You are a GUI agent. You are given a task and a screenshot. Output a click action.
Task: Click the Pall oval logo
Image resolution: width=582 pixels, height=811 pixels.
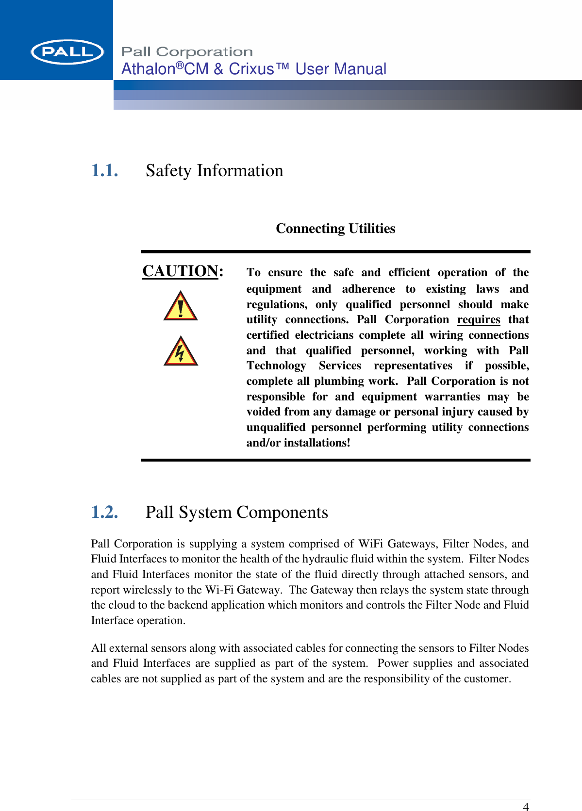pos(67,52)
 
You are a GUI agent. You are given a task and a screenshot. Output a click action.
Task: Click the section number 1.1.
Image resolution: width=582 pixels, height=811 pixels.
pos(104,171)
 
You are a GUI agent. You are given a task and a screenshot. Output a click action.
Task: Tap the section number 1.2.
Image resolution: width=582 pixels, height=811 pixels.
pos(104,513)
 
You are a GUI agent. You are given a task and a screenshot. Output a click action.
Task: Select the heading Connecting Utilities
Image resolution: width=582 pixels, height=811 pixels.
pos(335,229)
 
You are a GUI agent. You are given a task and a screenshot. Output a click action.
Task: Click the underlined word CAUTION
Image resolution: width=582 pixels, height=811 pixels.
pos(180,271)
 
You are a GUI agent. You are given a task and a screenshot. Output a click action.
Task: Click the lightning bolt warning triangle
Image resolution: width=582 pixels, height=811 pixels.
pos(181,351)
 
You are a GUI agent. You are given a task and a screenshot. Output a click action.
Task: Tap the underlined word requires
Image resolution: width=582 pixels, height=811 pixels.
pos(478,320)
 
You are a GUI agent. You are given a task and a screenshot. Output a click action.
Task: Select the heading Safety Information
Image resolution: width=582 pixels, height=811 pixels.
pos(214,171)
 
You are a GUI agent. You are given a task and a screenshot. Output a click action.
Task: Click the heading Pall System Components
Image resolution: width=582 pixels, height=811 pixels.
pos(236,513)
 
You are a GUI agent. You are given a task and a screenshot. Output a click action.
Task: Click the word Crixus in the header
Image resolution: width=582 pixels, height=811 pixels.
pos(251,69)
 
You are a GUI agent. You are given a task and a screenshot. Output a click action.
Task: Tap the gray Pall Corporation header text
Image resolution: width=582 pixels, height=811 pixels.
pos(187,52)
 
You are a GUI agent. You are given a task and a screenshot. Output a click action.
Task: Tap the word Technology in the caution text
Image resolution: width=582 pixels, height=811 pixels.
pos(276,366)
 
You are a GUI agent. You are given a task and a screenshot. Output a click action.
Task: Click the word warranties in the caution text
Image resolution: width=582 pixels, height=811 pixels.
pos(452,397)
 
